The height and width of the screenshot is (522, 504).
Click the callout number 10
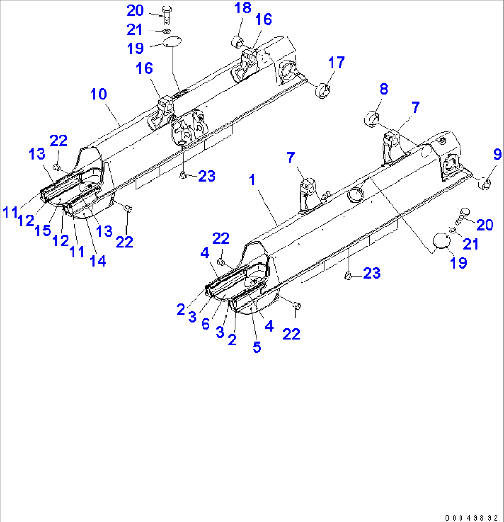(x=98, y=94)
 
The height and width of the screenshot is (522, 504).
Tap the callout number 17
(x=336, y=63)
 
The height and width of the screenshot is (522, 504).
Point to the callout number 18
(x=242, y=8)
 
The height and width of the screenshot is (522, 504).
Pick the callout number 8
(x=384, y=89)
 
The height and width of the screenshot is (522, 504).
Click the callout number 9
(x=497, y=154)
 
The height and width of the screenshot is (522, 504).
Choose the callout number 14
(x=98, y=261)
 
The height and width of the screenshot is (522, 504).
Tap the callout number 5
(x=257, y=347)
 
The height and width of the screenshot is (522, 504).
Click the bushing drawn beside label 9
(x=483, y=184)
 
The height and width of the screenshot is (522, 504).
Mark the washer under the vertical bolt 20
(x=166, y=31)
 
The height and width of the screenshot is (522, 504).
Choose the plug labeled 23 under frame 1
(x=349, y=276)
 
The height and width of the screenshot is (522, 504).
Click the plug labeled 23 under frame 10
(x=183, y=175)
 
